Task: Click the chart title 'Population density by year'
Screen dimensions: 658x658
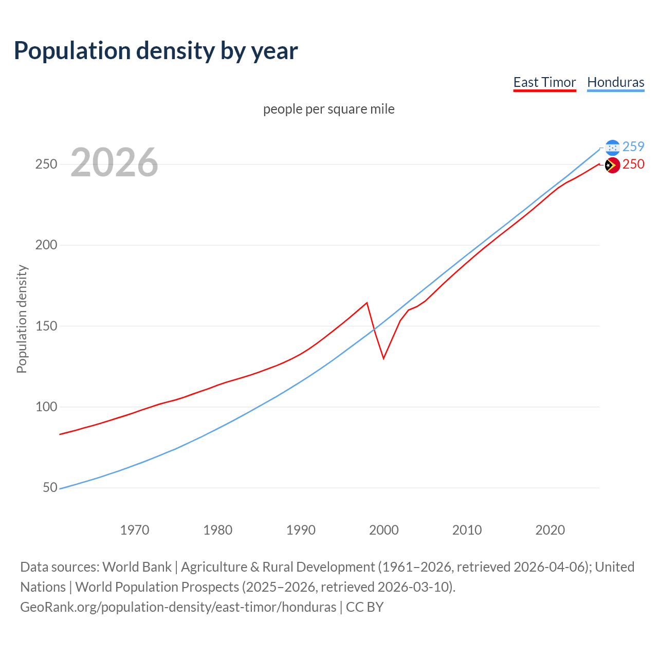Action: [x=156, y=51]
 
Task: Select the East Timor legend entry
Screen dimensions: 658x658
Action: [x=544, y=82]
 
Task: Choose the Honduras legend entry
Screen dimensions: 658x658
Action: [x=615, y=82]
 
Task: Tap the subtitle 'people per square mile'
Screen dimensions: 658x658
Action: [x=328, y=109]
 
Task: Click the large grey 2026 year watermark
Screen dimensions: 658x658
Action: [x=114, y=162]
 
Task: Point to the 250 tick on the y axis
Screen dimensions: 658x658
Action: [x=46, y=164]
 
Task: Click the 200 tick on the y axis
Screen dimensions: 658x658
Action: [x=46, y=245]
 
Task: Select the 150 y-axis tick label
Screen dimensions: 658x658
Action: [x=46, y=326]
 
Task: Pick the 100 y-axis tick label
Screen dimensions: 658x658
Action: [x=46, y=407]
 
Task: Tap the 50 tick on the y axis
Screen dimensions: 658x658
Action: [x=50, y=487]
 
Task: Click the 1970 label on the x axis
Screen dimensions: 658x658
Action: [x=135, y=529]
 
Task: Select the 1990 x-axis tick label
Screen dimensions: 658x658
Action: [x=301, y=529]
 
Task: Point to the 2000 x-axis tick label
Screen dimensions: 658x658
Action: [x=384, y=529]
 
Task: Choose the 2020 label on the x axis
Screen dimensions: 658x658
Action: [x=550, y=529]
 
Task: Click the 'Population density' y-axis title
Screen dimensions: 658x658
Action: [x=22, y=319]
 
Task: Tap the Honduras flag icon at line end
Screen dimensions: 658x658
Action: [x=612, y=148]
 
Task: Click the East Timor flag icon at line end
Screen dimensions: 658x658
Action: [x=612, y=165]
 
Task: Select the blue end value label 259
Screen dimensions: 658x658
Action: [x=633, y=147]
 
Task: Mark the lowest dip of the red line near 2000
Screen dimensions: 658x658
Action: [x=383, y=358]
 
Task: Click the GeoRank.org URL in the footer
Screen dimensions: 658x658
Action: [x=178, y=607]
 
